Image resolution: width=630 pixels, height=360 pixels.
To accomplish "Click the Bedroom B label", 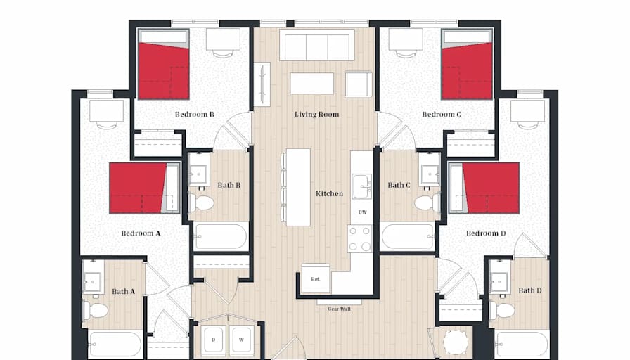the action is coord(195,115).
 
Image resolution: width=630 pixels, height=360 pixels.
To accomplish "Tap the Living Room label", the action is coord(316,115).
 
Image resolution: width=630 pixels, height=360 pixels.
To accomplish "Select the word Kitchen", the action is coord(330,193).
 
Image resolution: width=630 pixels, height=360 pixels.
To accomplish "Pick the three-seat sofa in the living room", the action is coord(317,45).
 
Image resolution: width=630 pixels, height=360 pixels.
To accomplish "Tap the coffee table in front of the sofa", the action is coord(311,83).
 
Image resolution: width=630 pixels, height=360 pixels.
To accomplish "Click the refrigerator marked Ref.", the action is coord(316,279).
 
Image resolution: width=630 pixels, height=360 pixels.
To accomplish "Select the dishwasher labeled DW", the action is coord(362,212).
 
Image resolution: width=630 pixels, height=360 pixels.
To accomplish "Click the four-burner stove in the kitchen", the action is coord(360,238).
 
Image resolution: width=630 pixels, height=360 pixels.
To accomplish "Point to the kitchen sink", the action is coord(361,186).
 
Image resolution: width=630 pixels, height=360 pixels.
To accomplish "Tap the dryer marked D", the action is coord(213,340).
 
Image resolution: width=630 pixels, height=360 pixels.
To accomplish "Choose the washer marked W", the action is coord(241,340).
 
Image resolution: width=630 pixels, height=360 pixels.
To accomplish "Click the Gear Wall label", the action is coord(339,309).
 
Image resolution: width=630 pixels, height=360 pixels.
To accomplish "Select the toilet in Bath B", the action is coord(201,203).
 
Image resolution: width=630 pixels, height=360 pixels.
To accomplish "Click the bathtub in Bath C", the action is coord(407,237).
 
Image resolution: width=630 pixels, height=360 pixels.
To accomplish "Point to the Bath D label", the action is coord(530,290).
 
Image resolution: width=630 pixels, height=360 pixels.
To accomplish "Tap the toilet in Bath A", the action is coord(95,310).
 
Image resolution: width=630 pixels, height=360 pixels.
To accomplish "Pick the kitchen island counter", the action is coord(298,187).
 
